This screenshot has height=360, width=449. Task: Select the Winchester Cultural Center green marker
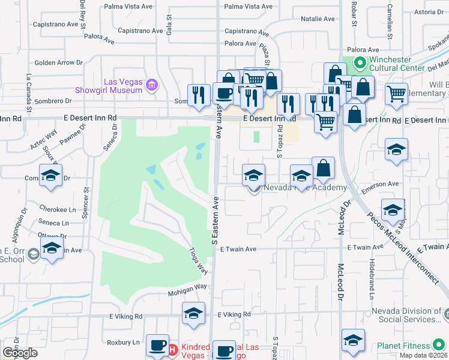pos(360,62)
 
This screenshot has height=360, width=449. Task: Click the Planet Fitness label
pos(403,346)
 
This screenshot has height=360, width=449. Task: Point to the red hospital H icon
pos(172,349)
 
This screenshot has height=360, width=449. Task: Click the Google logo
pos(20,353)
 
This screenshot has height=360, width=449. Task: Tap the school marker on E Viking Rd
pos(193,313)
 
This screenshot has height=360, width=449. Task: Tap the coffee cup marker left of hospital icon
pos(157,345)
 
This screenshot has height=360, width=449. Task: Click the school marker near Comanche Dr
pos(50,176)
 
